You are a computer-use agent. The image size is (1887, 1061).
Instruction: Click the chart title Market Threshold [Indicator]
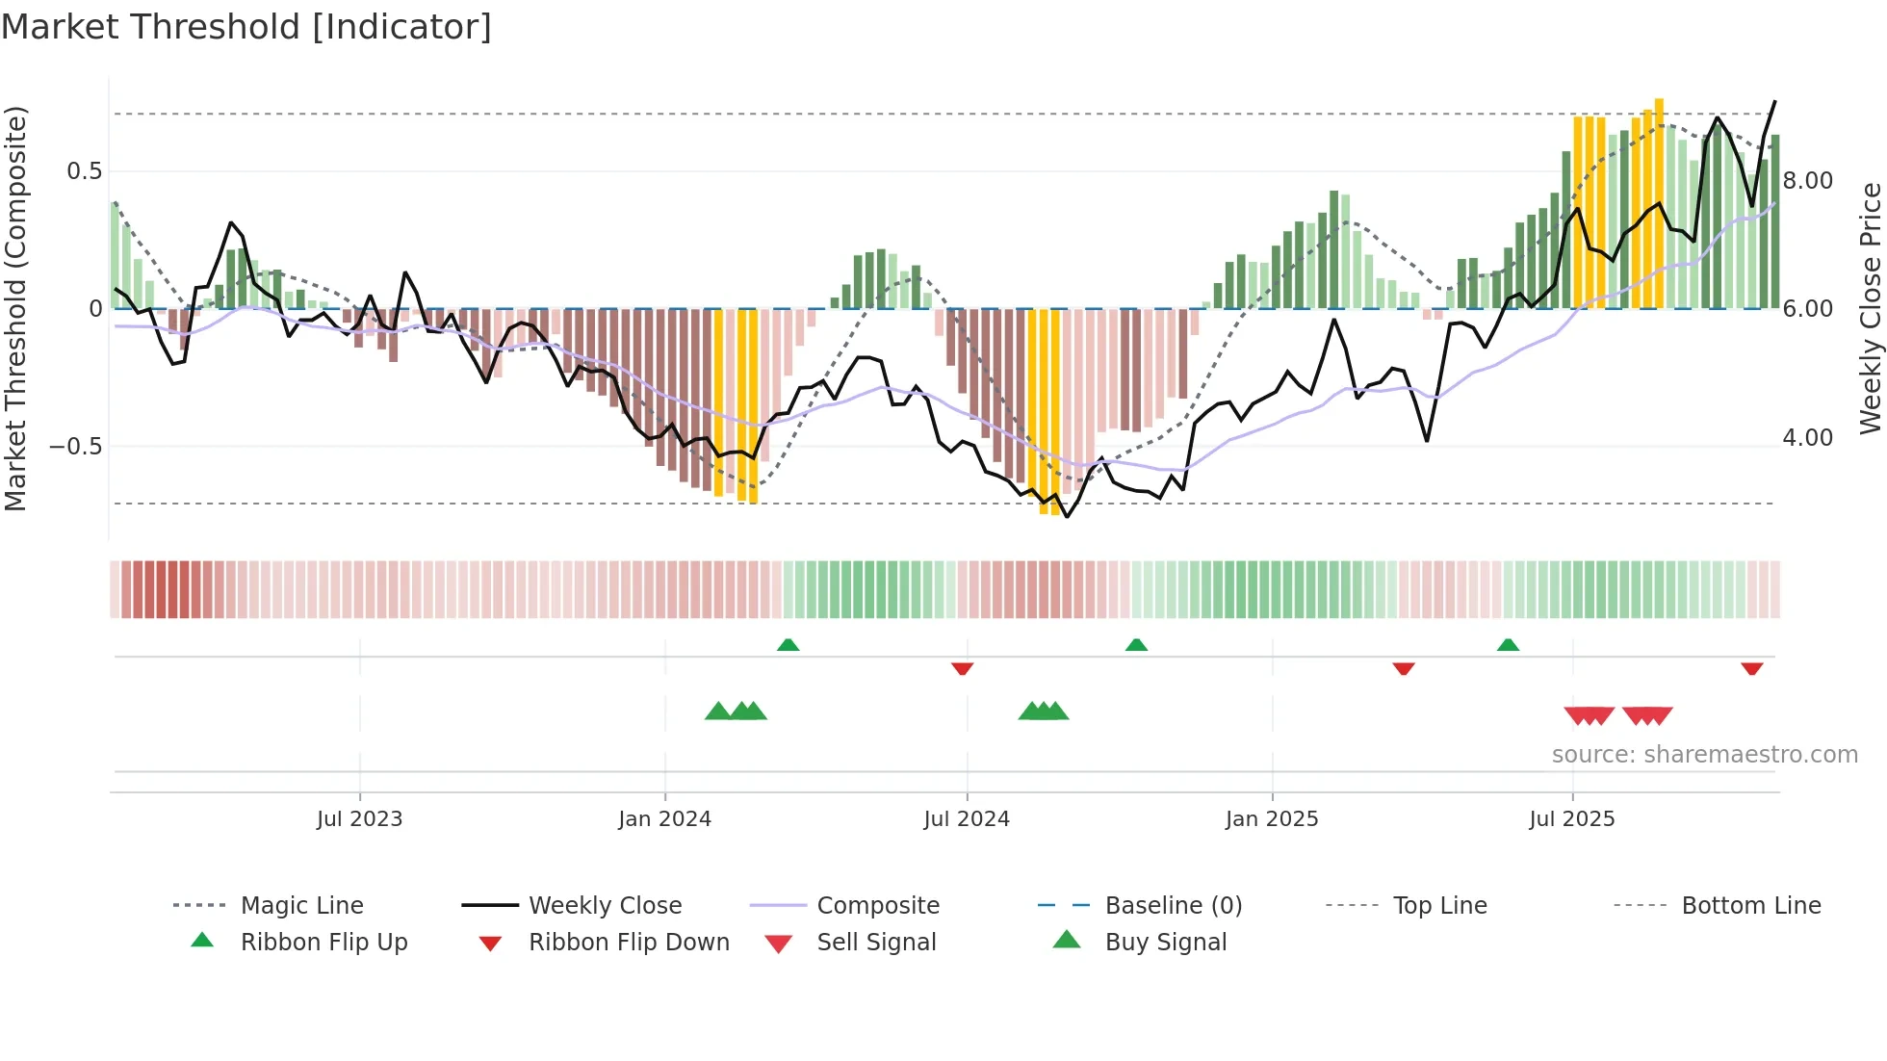246,27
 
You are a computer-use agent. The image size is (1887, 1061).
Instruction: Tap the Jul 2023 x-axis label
359,819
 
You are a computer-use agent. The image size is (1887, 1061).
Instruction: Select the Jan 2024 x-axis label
664,819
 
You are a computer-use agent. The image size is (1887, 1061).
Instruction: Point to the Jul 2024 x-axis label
967,819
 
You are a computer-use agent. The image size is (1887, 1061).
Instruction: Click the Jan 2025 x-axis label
1272,819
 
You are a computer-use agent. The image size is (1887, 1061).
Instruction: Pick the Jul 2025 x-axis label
1572,819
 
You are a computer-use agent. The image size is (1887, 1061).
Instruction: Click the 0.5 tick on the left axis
84,171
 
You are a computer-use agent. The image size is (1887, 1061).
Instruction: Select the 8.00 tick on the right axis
1807,181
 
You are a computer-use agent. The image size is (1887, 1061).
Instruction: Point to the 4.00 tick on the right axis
1807,438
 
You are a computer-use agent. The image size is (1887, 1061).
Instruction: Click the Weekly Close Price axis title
1870,308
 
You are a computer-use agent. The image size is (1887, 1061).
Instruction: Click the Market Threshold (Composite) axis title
15,308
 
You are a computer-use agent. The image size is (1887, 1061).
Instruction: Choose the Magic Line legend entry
301,906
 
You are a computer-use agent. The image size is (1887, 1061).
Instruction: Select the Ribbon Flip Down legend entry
629,943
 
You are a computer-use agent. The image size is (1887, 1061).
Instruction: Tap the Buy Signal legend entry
1165,943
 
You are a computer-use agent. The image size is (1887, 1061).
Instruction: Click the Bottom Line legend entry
1750,906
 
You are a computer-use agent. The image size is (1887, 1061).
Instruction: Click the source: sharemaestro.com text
1704,755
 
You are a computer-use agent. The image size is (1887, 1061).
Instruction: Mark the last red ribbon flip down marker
1751,668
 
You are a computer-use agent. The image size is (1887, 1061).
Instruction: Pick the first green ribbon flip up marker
788,645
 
